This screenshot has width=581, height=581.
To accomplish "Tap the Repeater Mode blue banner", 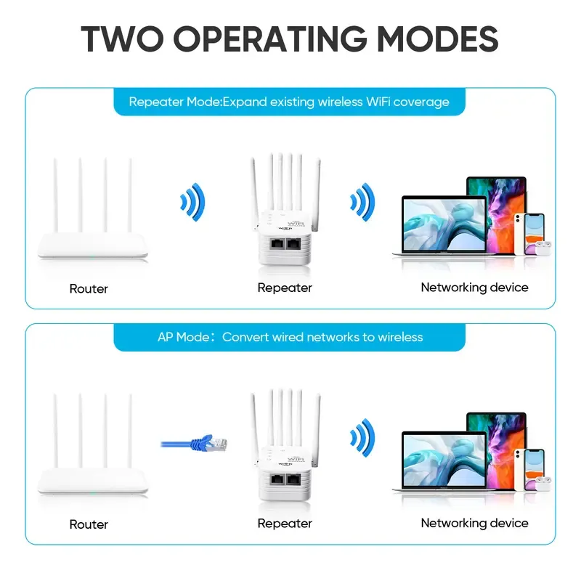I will point(289,102).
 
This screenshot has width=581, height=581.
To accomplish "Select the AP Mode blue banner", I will point(289,337).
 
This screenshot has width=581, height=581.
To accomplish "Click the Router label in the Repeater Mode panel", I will point(89,288).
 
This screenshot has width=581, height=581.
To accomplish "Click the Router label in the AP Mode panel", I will point(89,524).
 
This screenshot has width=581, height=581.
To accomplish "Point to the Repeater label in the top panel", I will point(285,288).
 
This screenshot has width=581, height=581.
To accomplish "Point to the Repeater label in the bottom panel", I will point(285,523).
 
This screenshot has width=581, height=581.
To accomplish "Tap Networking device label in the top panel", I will point(474,288).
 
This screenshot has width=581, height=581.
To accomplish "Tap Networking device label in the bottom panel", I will point(474,523).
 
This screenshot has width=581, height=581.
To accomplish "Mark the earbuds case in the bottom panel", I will point(543,482).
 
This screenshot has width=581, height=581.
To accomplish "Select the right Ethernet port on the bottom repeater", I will point(295,481).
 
